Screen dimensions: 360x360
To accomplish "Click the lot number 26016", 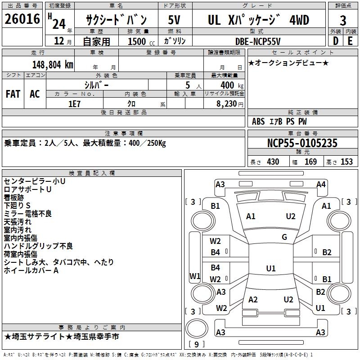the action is point(22,20).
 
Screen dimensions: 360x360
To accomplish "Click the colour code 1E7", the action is point(74,103).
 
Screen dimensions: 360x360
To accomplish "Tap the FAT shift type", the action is point(13,94).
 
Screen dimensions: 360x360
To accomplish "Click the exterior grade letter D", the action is point(335,41).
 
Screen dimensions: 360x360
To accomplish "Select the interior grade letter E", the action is point(350,41).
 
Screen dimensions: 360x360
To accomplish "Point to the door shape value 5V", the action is point(175,20).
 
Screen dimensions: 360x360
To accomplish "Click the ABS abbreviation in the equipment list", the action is point(258,121).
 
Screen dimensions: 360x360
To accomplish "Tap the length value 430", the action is point(273,162).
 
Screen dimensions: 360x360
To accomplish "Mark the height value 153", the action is point(346,162).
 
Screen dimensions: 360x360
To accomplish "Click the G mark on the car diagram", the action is point(284,237).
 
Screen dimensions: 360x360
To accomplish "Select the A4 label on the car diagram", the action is point(321,184).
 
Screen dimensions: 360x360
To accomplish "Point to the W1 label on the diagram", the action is point(195,276).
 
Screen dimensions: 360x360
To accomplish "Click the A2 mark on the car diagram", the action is point(253,300).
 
